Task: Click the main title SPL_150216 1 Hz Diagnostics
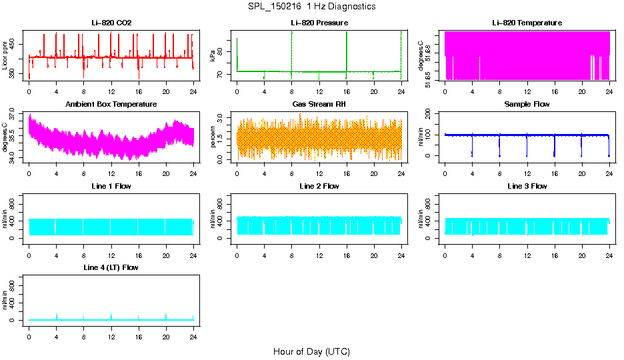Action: coord(311,6)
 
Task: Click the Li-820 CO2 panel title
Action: coord(111,23)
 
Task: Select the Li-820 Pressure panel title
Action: coord(319,23)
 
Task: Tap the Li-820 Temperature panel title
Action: coord(527,23)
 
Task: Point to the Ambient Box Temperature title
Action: coord(111,104)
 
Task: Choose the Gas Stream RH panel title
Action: coord(319,104)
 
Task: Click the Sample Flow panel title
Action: coord(527,104)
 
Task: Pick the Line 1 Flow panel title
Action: coord(111,186)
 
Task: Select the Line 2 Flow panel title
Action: coord(319,186)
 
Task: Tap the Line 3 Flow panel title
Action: coord(527,186)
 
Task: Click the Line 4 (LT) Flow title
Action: coord(111,267)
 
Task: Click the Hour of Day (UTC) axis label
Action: coord(311,351)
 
